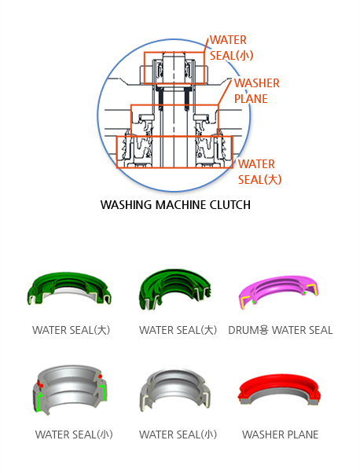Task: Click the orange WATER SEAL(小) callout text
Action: [231, 48]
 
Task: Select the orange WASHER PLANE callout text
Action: [257, 91]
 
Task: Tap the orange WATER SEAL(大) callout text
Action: [260, 172]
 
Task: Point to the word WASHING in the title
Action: [126, 205]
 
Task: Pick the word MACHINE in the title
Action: [181, 205]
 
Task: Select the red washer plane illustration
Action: [279, 389]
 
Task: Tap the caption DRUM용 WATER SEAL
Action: [281, 330]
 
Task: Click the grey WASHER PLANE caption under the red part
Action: [280, 434]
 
